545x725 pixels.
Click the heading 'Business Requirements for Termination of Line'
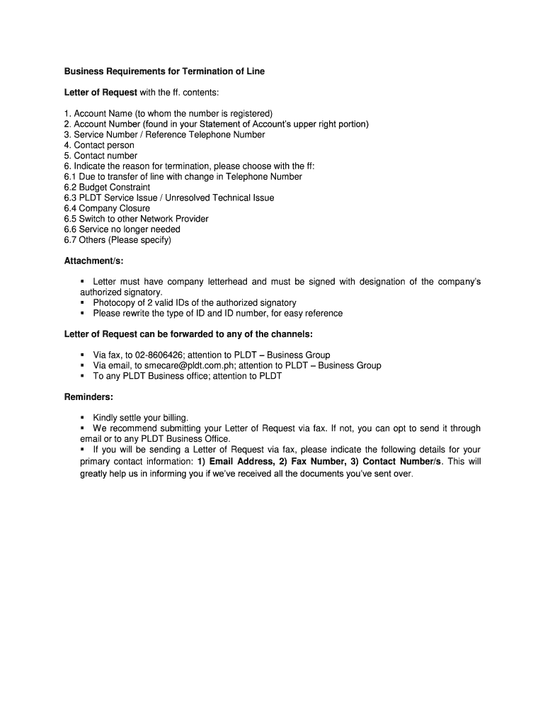pyautogui.click(x=164, y=72)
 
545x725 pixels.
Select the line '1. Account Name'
pyautogui.click(x=168, y=113)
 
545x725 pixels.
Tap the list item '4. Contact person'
pyautogui.click(x=99, y=145)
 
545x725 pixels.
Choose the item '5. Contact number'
pyautogui.click(x=101, y=156)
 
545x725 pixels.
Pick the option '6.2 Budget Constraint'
pyautogui.click(x=107, y=187)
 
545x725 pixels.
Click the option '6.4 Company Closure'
pyautogui.click(x=107, y=208)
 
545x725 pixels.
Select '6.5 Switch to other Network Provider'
pyautogui.click(x=137, y=219)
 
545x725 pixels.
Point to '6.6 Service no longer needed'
pyautogui.click(x=122, y=229)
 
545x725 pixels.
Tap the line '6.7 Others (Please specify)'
pyautogui.click(x=117, y=239)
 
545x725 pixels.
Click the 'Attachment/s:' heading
pyautogui.click(x=94, y=261)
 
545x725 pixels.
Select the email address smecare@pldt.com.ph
pyautogui.click(x=188, y=365)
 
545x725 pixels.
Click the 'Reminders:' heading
pyautogui.click(x=88, y=396)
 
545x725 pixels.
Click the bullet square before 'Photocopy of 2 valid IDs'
pyautogui.click(x=83, y=302)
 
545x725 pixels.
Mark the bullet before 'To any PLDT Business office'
pyautogui.click(x=83, y=376)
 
